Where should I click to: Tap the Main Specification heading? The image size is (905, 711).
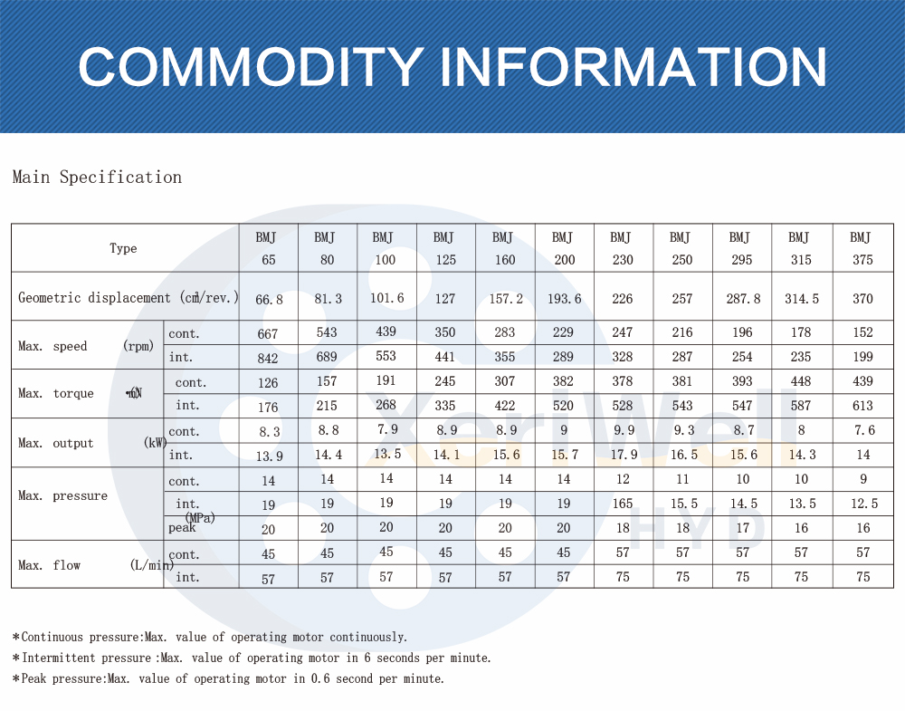click(97, 178)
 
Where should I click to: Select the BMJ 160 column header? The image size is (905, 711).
click(504, 248)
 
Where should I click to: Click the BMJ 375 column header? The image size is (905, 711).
click(862, 248)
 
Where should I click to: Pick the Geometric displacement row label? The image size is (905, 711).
click(128, 297)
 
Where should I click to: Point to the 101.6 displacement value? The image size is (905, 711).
click(386, 296)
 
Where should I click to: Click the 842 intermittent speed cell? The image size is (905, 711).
click(268, 358)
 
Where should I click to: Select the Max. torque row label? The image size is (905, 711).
click(56, 393)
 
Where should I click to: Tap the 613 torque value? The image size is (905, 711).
click(862, 407)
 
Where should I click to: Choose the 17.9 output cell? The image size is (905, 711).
click(624, 456)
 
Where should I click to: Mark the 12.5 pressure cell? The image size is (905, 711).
click(862, 504)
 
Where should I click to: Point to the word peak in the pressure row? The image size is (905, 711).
click(182, 527)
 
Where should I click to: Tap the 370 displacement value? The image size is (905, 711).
click(862, 298)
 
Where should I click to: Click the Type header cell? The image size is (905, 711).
click(123, 248)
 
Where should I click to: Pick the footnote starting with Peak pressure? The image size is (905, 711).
click(229, 678)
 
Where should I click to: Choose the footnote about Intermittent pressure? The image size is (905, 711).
click(252, 658)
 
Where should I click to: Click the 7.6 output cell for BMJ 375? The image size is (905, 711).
click(862, 430)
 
